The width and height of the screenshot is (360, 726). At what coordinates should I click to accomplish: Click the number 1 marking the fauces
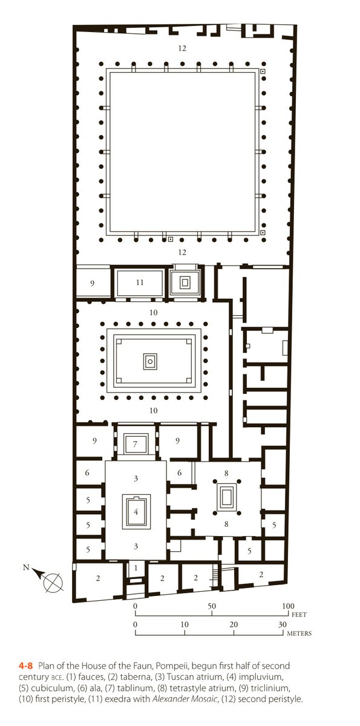click(x=136, y=567)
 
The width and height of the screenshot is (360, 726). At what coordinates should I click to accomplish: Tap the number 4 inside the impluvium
click(x=136, y=512)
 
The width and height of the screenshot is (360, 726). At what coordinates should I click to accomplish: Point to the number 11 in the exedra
click(x=140, y=282)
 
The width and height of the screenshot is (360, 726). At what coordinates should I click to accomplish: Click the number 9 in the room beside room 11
click(x=93, y=283)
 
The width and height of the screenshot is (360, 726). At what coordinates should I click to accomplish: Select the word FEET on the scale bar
click(x=298, y=614)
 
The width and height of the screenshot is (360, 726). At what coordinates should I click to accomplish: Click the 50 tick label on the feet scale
click(x=212, y=606)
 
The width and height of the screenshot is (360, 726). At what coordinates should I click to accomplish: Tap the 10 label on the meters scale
click(x=184, y=625)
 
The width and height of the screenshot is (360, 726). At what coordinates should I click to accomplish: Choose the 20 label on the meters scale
click(x=234, y=625)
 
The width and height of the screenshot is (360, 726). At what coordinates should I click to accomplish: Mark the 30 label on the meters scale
click(x=282, y=625)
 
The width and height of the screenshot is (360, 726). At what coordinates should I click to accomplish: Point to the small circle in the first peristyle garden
click(x=150, y=361)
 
